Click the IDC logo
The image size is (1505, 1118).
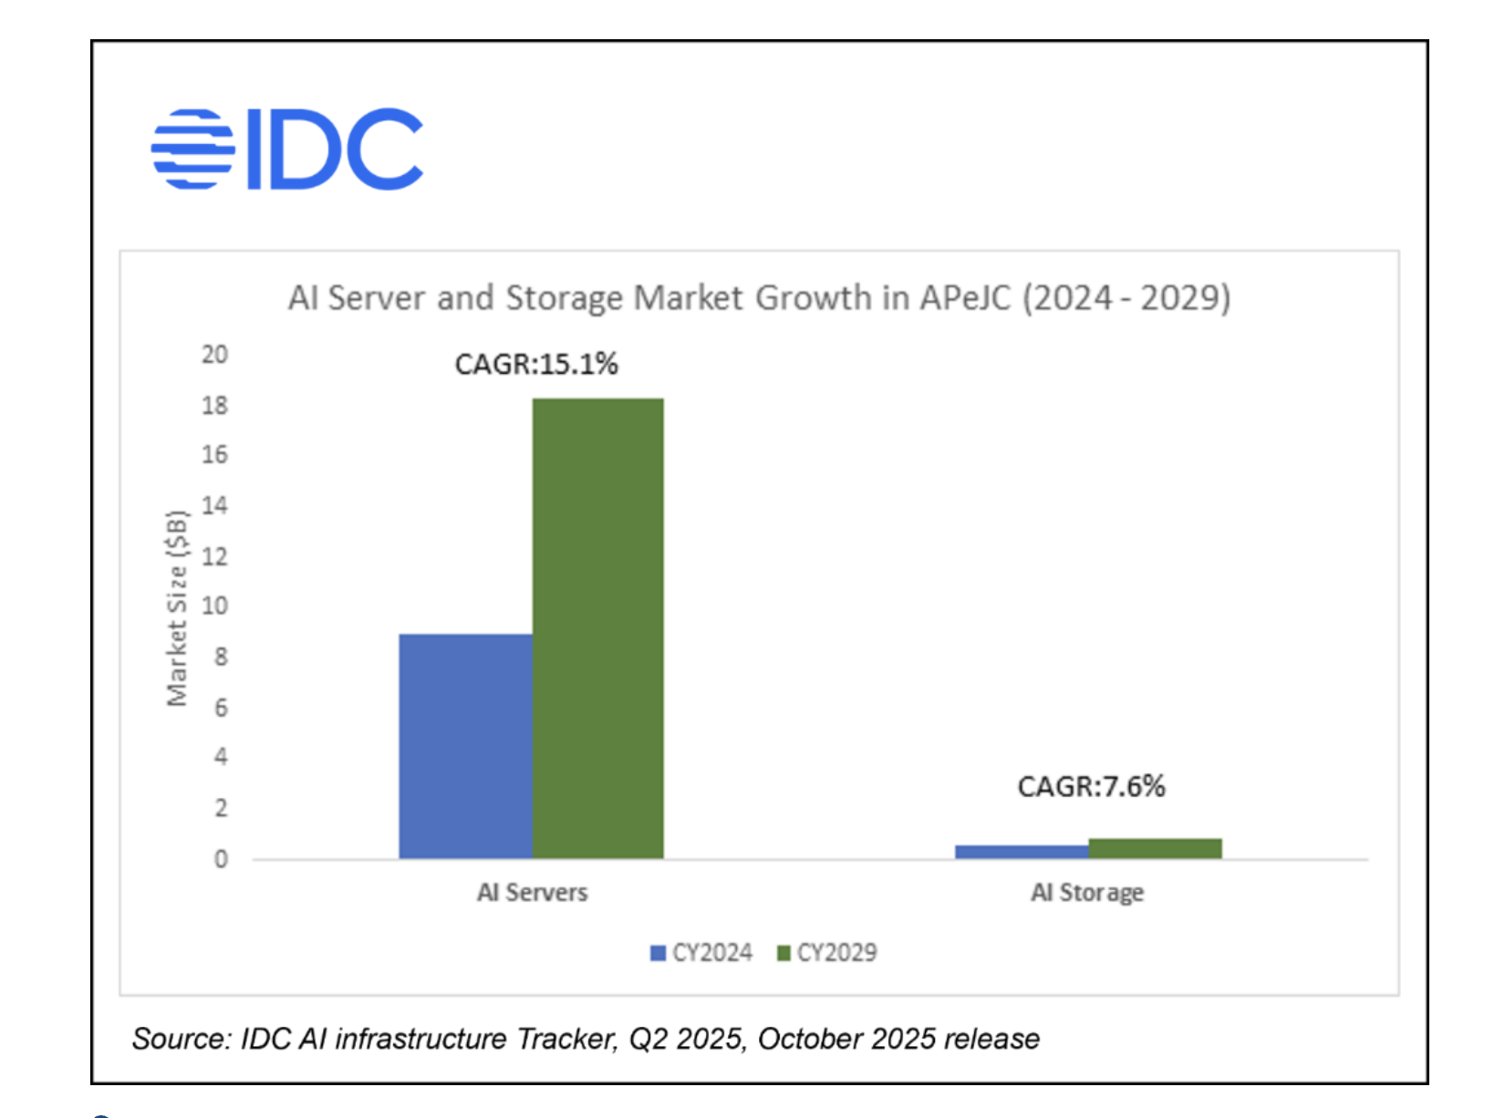[x=287, y=149]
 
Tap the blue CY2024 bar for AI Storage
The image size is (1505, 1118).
[x=1022, y=852]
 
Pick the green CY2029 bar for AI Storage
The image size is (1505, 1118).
[x=1155, y=848]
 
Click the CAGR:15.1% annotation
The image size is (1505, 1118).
[x=536, y=365]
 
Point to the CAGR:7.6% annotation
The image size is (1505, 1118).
[x=1091, y=786]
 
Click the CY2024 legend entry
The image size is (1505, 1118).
[x=701, y=953]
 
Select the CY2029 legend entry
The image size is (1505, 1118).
[x=826, y=953]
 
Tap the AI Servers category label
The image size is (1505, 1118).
[x=533, y=893]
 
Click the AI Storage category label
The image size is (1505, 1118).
[x=1087, y=893]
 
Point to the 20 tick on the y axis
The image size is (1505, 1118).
[x=214, y=355]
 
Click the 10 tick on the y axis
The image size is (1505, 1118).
[x=214, y=606]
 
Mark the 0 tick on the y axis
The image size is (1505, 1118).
[x=221, y=859]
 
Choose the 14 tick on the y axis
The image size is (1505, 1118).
[x=214, y=506]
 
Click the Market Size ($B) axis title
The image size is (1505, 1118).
[x=177, y=608]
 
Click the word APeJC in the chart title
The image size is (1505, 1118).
[x=965, y=298]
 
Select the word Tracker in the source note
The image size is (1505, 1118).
[x=566, y=1039]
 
